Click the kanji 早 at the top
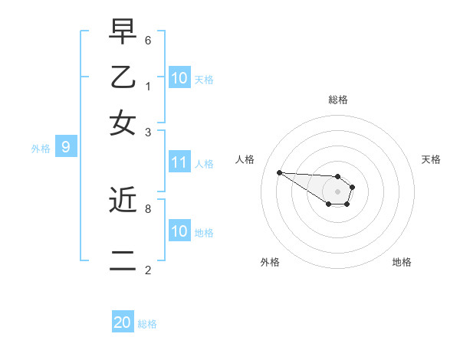pos(123,33)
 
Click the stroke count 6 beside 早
pos(148,40)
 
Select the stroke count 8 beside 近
pos(148,208)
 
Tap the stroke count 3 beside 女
pos(148,132)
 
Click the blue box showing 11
pos(179,162)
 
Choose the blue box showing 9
pos(66,147)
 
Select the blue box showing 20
pos(123,322)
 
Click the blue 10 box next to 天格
pos(179,78)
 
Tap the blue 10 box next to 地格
pos(179,231)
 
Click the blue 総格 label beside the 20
pos(147,324)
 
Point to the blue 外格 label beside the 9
pos(41,149)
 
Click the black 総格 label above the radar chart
pos(338,100)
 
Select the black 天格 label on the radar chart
pos(432,159)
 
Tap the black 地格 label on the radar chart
pos(402,262)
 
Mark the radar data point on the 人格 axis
pos(279,172)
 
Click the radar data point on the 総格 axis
pos(338,176)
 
